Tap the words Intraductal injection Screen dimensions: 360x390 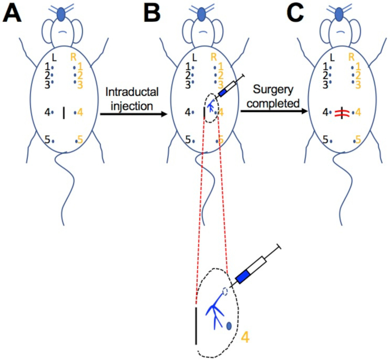(x=128, y=97)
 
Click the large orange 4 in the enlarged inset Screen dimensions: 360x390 (x=245, y=335)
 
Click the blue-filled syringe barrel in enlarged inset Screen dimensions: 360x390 (x=243, y=275)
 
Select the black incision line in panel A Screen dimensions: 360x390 (x=64, y=113)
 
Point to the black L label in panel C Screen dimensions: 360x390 (x=333, y=57)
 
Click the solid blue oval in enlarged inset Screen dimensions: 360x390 (x=229, y=326)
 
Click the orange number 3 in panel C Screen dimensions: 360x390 (x=358, y=84)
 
